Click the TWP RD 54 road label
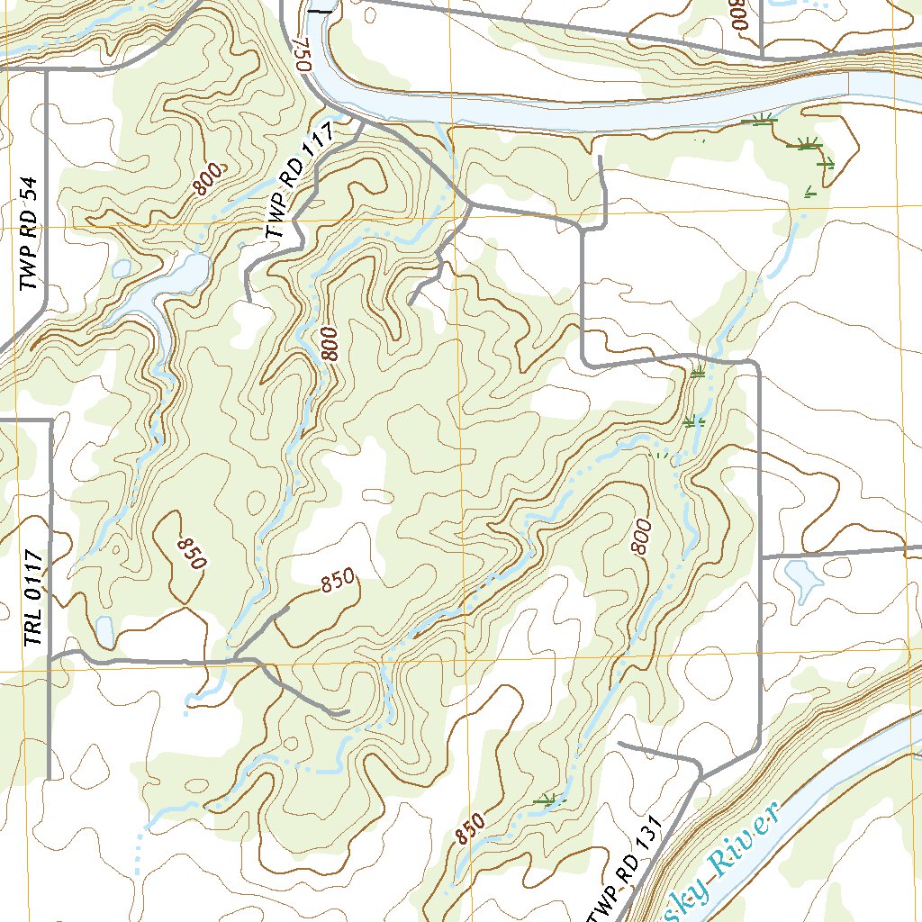31,233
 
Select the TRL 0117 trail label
33,599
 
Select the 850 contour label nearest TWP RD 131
470,827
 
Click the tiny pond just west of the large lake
120,268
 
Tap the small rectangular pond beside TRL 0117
104,630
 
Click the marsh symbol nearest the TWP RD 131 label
545,799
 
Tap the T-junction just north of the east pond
761,557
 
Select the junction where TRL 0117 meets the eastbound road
51,656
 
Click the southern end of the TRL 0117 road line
48,778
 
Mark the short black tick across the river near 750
320,11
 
